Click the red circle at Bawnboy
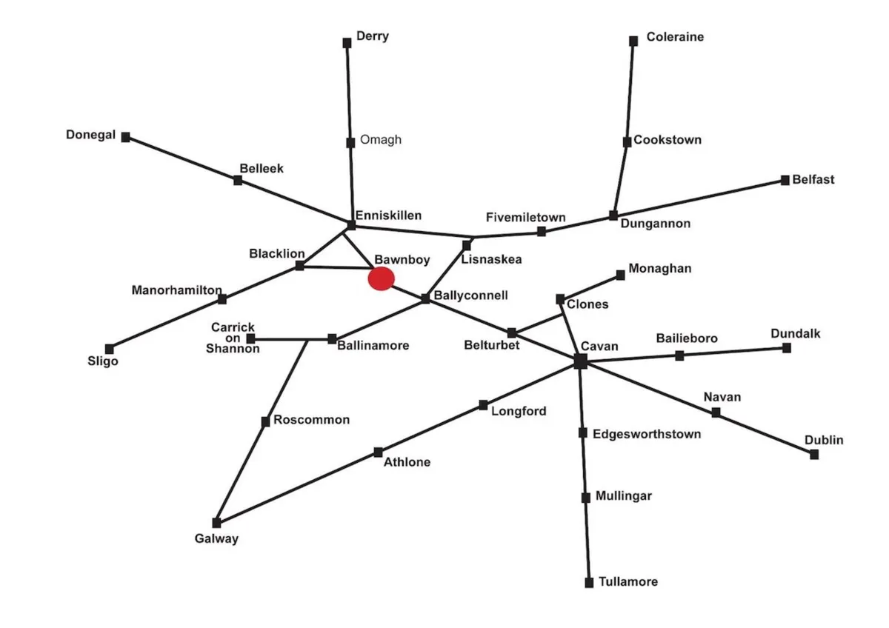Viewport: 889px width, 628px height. click(381, 278)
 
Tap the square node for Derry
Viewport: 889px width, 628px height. click(347, 43)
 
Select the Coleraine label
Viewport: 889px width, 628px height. click(675, 37)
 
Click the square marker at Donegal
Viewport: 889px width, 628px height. click(126, 137)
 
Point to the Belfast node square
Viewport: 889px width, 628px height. click(785, 180)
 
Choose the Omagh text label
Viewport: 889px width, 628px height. click(381, 140)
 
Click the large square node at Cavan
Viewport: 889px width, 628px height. click(580, 361)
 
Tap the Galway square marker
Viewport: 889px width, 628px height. click(216, 523)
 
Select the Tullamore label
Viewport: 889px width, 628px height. click(628, 582)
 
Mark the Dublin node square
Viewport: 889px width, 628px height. click(814, 455)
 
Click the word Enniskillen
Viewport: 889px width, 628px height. click(388, 216)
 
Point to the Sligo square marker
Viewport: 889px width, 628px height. click(110, 349)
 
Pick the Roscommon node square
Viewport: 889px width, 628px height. click(265, 422)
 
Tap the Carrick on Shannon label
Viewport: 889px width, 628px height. click(233, 338)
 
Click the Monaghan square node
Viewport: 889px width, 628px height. click(621, 275)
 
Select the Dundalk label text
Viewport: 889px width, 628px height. click(796, 334)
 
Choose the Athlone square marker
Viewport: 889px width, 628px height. click(378, 452)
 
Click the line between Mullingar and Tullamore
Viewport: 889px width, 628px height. click(587, 540)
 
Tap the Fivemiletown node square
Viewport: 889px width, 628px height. click(542, 232)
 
